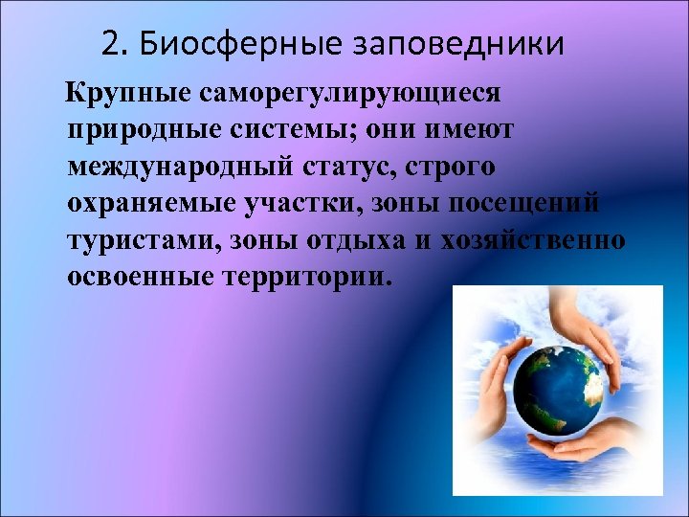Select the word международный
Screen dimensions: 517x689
tap(178, 168)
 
